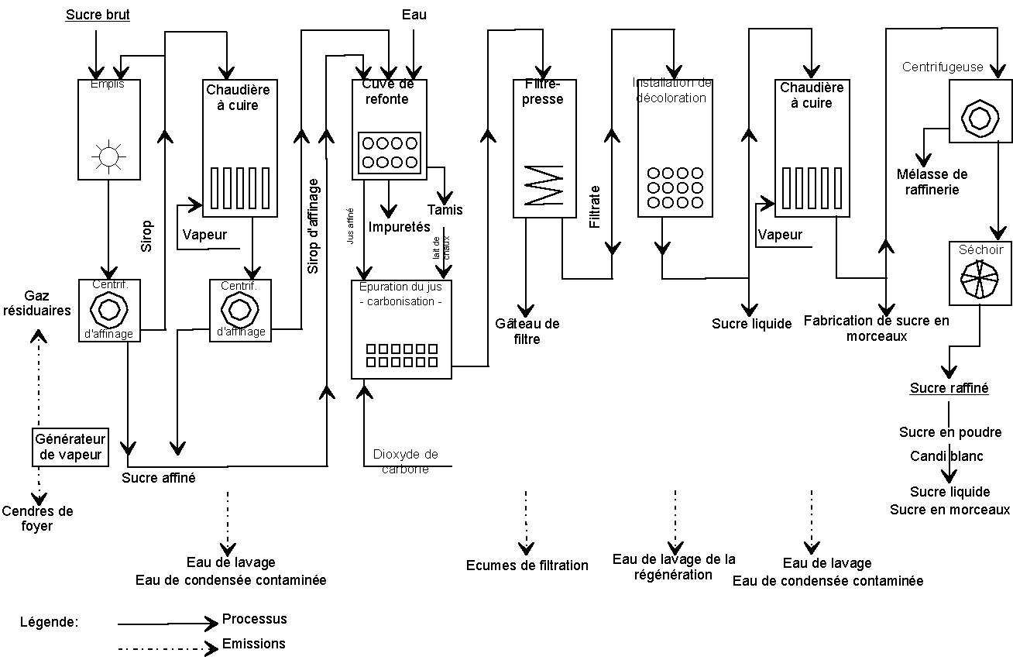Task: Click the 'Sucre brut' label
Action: pyautogui.click(x=98, y=15)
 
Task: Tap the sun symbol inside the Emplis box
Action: pyautogui.click(x=108, y=156)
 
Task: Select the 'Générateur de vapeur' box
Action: pyautogui.click(x=70, y=447)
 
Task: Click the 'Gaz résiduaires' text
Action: pyautogui.click(x=47, y=303)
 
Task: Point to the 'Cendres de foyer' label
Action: pyautogui.click(x=37, y=518)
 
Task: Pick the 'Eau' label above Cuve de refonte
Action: pyautogui.click(x=414, y=15)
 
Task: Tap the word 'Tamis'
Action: pyautogui.click(x=445, y=209)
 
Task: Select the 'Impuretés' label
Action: pyautogui.click(x=399, y=227)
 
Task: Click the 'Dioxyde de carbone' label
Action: pyautogui.click(x=405, y=461)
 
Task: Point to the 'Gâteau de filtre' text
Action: pyautogui.click(x=527, y=331)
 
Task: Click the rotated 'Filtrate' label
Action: pyautogui.click(x=595, y=207)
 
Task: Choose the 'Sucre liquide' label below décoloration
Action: pyautogui.click(x=751, y=324)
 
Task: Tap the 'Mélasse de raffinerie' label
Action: pyautogui.click(x=932, y=182)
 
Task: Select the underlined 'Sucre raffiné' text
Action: pyautogui.click(x=949, y=388)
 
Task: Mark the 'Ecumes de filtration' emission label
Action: pyautogui.click(x=527, y=565)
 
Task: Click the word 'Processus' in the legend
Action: pyautogui.click(x=254, y=619)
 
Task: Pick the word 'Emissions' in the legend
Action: pyautogui.click(x=253, y=643)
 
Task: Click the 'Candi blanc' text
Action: pyautogui.click(x=946, y=455)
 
